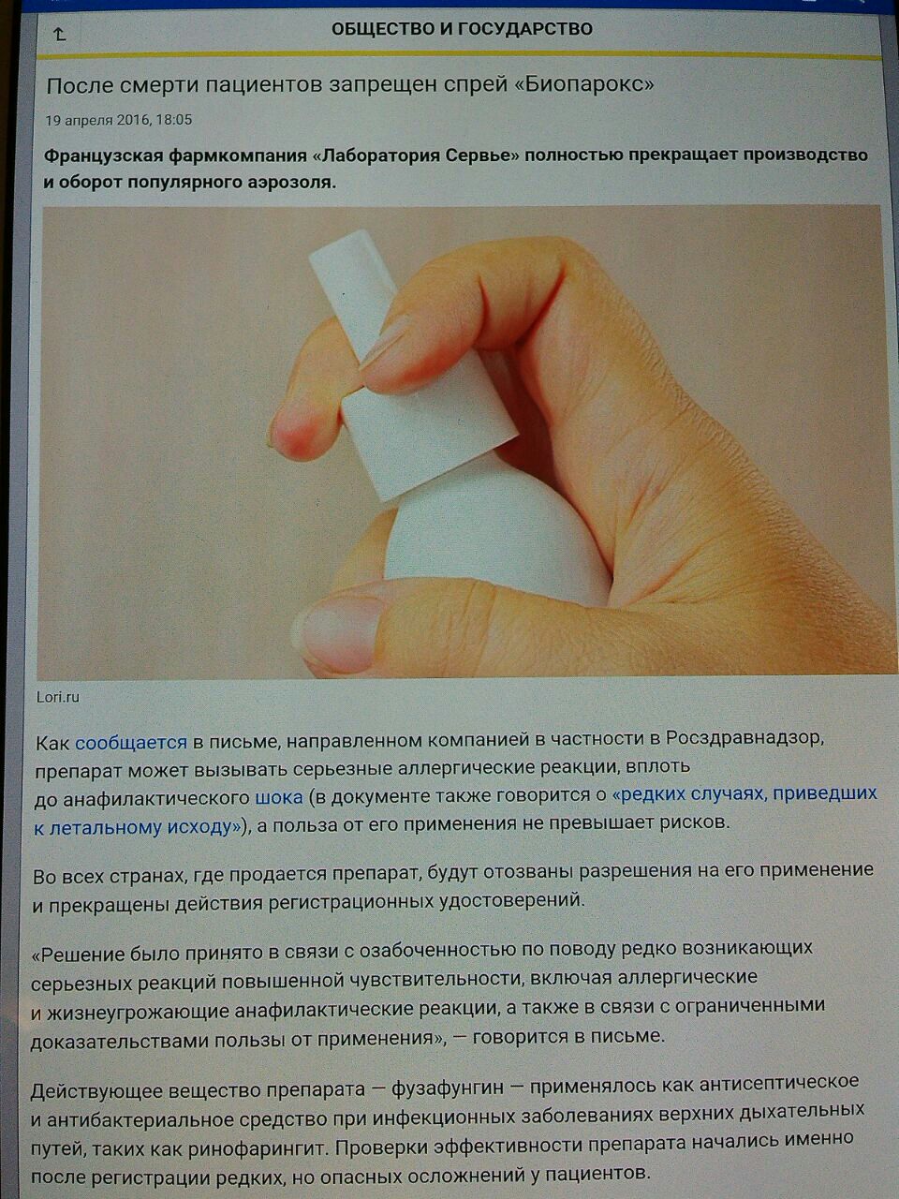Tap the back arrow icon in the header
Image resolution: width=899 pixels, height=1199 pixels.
pyautogui.click(x=60, y=35)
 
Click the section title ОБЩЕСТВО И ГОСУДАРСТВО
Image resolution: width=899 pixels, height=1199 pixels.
pyautogui.click(x=462, y=28)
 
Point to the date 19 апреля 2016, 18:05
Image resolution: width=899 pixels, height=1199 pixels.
pyautogui.click(x=119, y=120)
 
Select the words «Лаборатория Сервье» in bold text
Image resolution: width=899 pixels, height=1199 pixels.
pyautogui.click(x=418, y=155)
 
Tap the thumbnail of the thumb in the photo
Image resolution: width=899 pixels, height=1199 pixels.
pyautogui.click(x=338, y=632)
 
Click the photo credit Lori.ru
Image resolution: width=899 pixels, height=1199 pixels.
pyautogui.click(x=58, y=698)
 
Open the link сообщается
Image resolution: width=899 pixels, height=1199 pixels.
pyautogui.click(x=131, y=743)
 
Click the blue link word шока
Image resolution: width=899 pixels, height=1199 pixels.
pyautogui.click(x=279, y=797)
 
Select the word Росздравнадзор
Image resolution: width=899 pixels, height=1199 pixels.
pyautogui.click(x=743, y=739)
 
